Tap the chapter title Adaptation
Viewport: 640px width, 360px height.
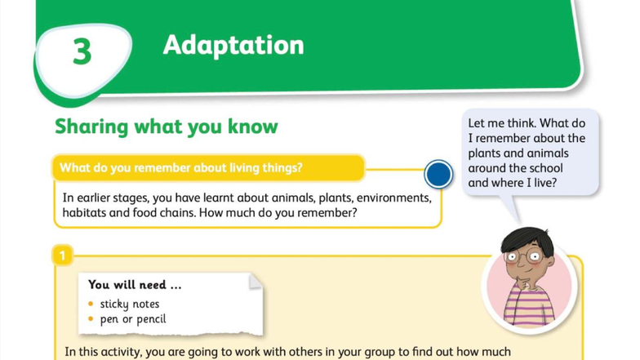pyautogui.click(x=233, y=44)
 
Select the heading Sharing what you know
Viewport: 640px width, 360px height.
pyautogui.click(x=166, y=127)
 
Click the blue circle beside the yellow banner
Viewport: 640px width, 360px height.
pyautogui.click(x=439, y=174)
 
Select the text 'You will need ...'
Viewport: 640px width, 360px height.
pyautogui.click(x=135, y=285)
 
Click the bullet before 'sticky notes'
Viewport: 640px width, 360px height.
pyautogui.click(x=91, y=304)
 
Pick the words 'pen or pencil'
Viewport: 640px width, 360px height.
pyautogui.click(x=133, y=319)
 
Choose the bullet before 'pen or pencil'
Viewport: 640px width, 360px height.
pyautogui.click(x=91, y=319)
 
